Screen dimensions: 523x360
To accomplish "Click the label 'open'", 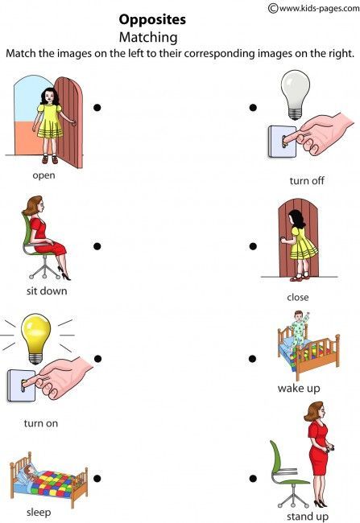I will (x=43, y=175).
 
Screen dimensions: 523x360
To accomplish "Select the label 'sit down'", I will (x=47, y=290).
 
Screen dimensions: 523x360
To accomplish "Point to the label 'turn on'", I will (x=40, y=422).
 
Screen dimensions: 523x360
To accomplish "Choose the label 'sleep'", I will (x=39, y=512).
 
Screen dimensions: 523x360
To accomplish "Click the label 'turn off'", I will (x=307, y=180).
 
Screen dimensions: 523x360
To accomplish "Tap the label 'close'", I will (x=298, y=297).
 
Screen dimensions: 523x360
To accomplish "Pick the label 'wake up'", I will (x=299, y=389).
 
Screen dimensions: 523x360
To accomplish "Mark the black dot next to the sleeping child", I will (x=97, y=479).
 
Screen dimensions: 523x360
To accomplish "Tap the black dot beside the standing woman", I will (x=253, y=479).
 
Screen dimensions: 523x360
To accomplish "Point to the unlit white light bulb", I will (x=296, y=92).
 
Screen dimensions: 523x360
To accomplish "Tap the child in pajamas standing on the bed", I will (x=299, y=329).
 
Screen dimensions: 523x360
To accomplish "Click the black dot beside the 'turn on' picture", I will (x=97, y=359).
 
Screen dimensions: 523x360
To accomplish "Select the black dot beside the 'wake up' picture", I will (x=253, y=359).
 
